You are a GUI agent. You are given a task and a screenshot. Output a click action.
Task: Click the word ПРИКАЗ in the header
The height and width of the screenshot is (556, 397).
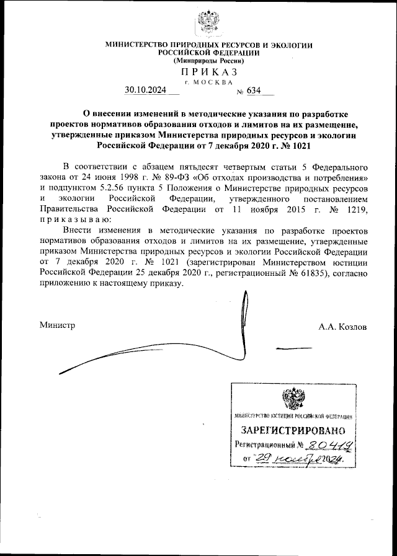click(209, 73)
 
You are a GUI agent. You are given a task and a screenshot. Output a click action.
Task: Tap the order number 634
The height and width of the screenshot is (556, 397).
click(254, 90)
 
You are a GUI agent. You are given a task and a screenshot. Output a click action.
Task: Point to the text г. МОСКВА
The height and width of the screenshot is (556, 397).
click(209, 81)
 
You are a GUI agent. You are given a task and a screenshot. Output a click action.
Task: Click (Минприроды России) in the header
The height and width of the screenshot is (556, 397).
click(209, 61)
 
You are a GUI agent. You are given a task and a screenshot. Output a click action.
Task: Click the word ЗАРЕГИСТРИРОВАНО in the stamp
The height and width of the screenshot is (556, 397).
click(288, 430)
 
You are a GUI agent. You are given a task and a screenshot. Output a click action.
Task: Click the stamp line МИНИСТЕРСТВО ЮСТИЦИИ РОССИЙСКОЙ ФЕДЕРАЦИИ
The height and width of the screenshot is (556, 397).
click(288, 417)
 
